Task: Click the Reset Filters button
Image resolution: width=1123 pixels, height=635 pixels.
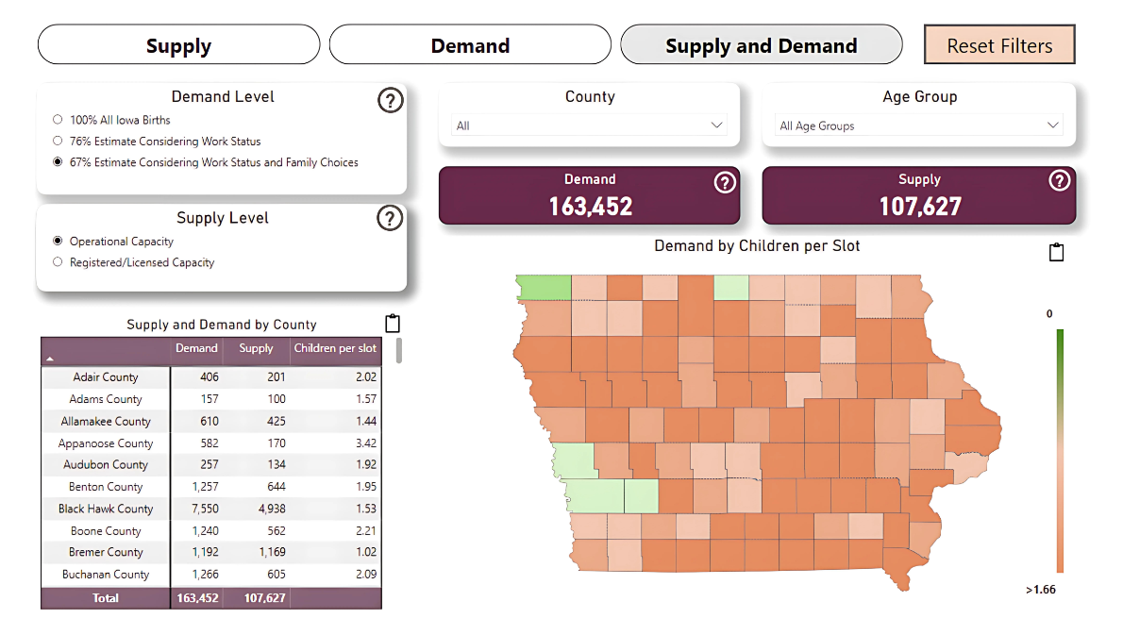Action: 999,45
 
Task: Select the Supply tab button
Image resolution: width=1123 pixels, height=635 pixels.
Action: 178,45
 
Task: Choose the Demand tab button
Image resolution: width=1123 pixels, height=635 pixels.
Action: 470,45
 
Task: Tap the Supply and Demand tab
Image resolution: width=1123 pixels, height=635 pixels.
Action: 761,45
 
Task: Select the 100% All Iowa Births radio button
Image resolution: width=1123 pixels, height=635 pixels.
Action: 59,120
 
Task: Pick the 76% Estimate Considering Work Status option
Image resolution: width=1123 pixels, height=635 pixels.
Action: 59,142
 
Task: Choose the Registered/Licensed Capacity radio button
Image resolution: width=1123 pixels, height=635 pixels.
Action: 59,262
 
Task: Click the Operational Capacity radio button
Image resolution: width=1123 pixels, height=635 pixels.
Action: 59,242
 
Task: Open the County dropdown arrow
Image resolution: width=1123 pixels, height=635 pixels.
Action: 716,125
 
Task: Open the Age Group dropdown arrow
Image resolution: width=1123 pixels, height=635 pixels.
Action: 1052,125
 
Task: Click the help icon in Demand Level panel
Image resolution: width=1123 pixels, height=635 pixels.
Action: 390,100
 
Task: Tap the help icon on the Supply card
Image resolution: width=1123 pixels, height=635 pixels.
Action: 1060,180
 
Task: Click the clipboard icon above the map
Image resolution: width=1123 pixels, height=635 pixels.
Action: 1056,252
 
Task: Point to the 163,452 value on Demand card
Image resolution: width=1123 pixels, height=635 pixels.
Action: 590,206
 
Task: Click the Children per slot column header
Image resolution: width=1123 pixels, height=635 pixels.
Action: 335,348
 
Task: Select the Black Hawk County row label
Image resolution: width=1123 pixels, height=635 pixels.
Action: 106,509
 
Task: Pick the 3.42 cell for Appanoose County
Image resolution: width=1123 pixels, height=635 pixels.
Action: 363,443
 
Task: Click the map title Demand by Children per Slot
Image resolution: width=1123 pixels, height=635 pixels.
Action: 757,246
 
